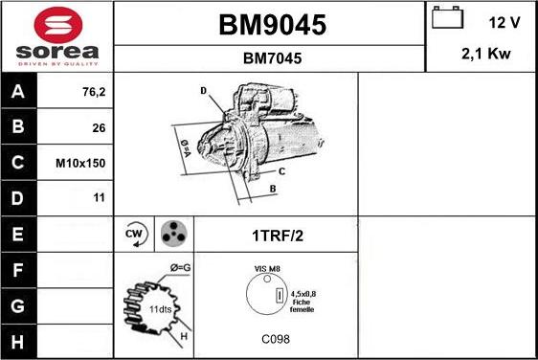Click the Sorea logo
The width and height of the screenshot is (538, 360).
click(56, 35)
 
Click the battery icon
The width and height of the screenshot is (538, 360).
click(448, 20)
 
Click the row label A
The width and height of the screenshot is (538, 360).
click(18, 93)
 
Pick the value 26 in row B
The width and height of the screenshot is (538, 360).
click(99, 128)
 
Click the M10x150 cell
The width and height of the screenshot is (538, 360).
click(80, 163)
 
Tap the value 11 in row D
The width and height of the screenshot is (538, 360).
click(99, 198)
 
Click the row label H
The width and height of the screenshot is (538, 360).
click(18, 340)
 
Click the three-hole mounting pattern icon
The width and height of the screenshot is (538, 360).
click(172, 234)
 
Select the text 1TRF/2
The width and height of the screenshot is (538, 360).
click(276, 235)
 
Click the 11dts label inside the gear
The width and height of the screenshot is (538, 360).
click(159, 310)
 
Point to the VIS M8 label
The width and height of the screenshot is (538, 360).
click(267, 269)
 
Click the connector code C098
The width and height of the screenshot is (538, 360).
click(275, 339)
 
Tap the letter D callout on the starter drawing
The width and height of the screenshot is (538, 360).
click(203, 91)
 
